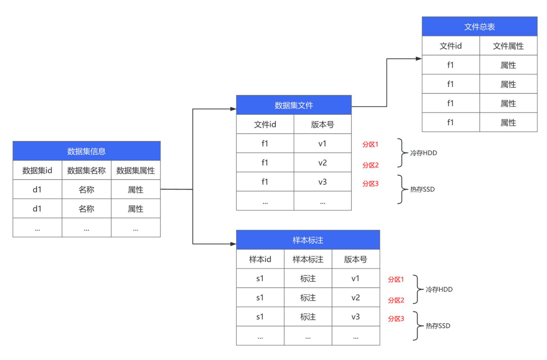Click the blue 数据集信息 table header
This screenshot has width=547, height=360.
86,151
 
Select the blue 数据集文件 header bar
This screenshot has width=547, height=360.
294,105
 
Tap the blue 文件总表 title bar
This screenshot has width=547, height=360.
479,27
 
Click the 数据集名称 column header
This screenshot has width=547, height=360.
86,171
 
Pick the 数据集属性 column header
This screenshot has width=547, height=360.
135,171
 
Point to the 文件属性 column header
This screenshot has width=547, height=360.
508,46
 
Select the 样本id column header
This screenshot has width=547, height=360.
260,260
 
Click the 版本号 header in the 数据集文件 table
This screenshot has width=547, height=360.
322,124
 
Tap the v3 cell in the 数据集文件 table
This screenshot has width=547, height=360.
322,182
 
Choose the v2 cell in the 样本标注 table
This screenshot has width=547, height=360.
356,298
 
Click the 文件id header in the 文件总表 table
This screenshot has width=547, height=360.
450,46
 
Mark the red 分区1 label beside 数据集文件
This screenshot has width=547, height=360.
371,145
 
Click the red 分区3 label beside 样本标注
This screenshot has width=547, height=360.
396,319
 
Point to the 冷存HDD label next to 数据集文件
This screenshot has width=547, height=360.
423,153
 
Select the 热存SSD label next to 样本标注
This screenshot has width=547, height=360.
438,326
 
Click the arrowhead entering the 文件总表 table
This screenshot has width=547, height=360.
419,59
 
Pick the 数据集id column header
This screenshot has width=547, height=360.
37,171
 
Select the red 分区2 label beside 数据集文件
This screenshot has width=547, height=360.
371,165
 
